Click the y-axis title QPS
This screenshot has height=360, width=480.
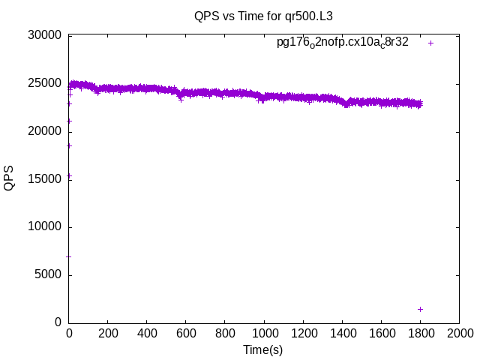click(x=9, y=178)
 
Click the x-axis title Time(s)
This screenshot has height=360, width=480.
click(x=263, y=349)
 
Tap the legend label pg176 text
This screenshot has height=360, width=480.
click(x=343, y=43)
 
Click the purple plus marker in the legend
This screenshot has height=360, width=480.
click(x=430, y=43)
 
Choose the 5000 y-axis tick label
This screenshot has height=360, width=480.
click(x=46, y=275)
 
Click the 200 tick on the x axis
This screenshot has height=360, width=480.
click(x=108, y=333)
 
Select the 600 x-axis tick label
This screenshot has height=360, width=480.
click(x=186, y=333)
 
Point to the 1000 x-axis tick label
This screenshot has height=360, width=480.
click(x=264, y=333)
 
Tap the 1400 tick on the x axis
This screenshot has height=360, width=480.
click(x=342, y=333)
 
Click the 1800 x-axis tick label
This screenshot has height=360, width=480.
click(x=420, y=333)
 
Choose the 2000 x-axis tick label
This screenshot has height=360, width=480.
click(x=459, y=333)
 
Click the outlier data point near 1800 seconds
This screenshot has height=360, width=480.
click(x=420, y=309)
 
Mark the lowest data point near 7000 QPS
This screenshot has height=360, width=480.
click(x=69, y=256)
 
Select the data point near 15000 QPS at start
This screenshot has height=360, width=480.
click(x=69, y=176)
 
